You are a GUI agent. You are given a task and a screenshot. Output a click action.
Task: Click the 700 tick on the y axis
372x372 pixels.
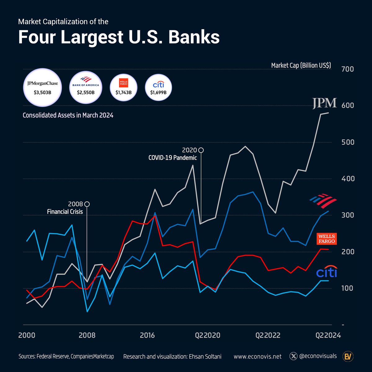(347, 69)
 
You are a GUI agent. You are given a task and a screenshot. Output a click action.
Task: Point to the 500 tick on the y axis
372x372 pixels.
(347, 142)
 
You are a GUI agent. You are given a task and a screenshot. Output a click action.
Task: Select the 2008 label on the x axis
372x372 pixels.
(87, 335)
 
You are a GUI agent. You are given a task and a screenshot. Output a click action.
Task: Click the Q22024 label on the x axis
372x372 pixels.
(328, 335)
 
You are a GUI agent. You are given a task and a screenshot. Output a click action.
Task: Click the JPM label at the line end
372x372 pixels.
(324, 103)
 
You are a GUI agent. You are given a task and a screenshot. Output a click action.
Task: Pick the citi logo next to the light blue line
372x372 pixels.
(326, 272)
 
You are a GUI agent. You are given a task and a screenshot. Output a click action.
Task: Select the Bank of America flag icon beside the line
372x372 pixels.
(323, 201)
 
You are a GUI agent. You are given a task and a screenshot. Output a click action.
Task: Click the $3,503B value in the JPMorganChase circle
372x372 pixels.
(43, 92)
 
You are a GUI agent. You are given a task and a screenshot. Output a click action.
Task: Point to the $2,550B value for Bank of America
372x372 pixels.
(86, 92)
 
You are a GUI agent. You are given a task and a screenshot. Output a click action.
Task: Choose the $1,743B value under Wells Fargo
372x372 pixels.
(124, 92)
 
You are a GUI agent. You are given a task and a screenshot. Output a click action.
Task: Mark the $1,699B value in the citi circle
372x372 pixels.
(158, 92)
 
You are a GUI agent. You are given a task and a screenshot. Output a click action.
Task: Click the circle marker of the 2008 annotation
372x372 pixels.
(87, 204)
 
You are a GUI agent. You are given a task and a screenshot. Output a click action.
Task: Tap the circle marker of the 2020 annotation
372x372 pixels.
(201, 150)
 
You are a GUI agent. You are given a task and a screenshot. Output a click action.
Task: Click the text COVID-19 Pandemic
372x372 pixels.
(173, 158)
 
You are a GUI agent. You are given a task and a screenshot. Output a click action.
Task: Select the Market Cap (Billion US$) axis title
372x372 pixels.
(301, 65)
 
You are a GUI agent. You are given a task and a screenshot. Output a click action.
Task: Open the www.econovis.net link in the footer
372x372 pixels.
(258, 356)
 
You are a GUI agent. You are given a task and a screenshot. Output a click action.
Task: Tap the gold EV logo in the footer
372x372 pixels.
(348, 356)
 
